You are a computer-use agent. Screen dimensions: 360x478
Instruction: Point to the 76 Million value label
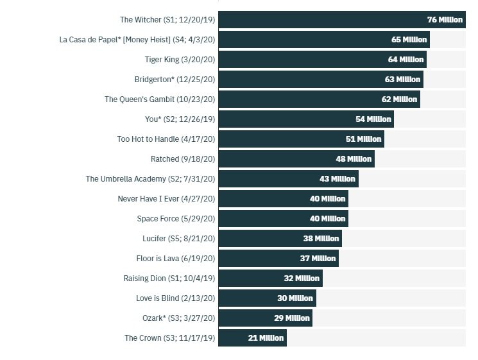(445, 20)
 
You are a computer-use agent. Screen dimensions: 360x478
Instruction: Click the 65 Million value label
(409, 40)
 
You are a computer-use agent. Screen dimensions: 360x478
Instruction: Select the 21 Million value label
(266, 338)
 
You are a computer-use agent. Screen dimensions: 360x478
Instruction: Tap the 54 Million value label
(373, 119)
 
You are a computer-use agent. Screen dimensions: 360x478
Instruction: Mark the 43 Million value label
(337, 179)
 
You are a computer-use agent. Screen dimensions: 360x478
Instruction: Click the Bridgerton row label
(175, 80)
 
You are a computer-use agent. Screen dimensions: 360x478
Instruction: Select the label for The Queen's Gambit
(160, 99)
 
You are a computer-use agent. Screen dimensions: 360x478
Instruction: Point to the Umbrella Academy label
(150, 179)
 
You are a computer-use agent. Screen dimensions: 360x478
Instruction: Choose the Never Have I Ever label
(166, 199)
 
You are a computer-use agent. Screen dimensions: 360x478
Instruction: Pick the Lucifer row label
(178, 239)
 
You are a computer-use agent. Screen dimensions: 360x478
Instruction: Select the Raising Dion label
(169, 279)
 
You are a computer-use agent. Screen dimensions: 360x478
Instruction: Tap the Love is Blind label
(175, 298)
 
